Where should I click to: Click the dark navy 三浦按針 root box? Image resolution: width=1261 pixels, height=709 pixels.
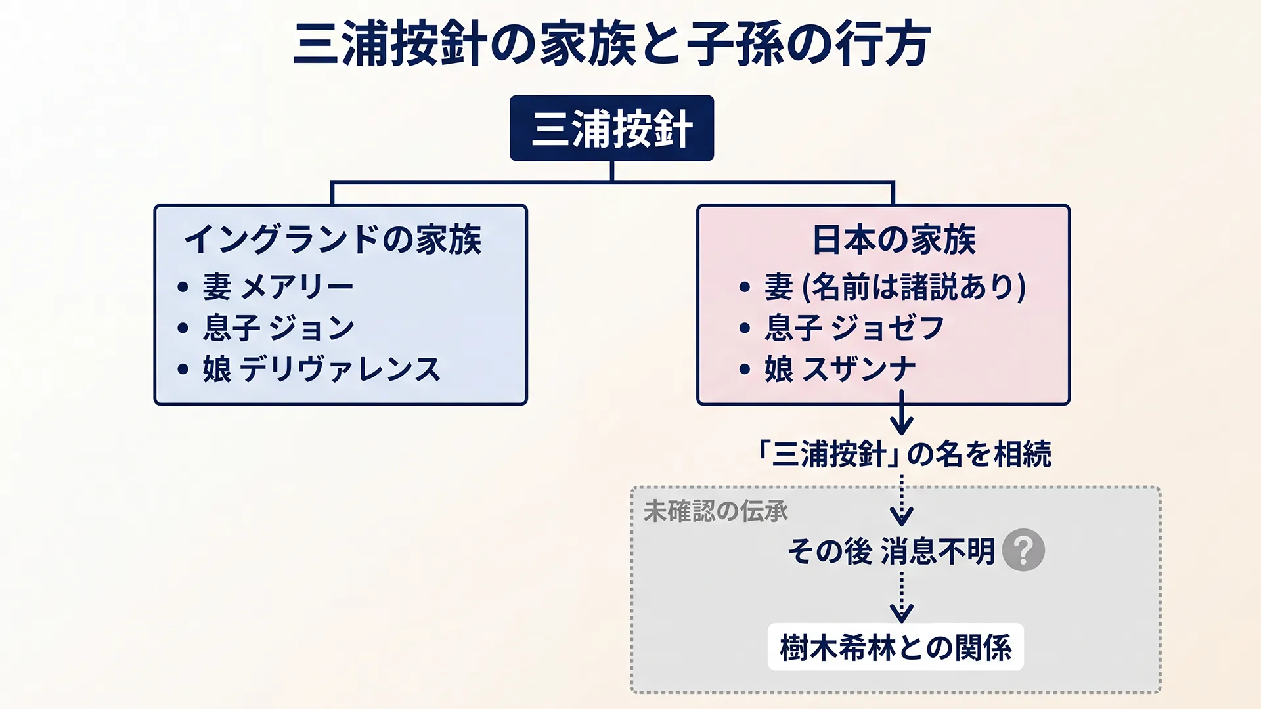pos(611,128)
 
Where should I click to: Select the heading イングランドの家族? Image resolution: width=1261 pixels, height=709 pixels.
pos(333,239)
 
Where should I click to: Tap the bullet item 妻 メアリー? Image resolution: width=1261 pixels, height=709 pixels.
pos(278,287)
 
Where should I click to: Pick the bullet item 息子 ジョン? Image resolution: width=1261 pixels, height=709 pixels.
pos(278,328)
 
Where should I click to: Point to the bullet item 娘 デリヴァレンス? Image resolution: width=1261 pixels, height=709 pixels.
pos(321,369)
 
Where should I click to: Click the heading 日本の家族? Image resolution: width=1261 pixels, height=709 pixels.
pos(893,239)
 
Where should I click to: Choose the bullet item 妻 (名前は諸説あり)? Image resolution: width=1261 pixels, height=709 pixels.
pos(895,287)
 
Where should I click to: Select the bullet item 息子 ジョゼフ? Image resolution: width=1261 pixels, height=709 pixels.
pos(854,328)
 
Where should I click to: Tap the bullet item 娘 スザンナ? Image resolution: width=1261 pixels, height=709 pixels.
pos(839,369)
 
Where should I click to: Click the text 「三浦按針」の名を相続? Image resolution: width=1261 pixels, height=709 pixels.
pos(904,454)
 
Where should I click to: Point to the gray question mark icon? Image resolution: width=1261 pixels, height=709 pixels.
pos(1023,550)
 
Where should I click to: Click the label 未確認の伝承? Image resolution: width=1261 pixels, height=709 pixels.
pos(715,511)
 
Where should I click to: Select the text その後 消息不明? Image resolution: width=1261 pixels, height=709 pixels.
pos(891,551)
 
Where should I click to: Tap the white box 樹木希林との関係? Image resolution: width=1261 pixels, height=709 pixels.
pos(895,647)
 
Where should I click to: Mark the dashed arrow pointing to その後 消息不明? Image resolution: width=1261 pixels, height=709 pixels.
pos(901,502)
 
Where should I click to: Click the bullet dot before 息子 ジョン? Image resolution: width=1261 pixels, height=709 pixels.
pos(183,328)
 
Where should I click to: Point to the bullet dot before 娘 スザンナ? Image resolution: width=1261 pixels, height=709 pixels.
pos(744,369)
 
